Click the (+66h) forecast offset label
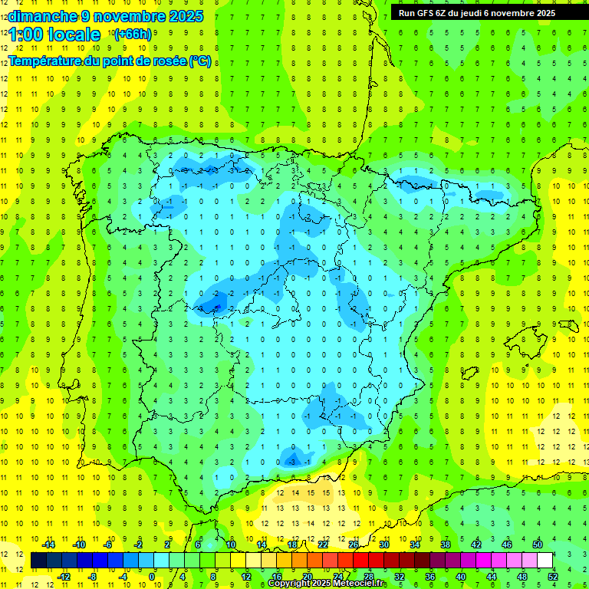click(132, 35)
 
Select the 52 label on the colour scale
click(553, 577)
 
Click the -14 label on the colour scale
click(48, 545)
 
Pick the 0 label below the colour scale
click(151, 577)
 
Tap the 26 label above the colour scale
click(353, 545)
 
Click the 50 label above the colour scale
click(538, 545)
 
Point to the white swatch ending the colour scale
click(545, 561)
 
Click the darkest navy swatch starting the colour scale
click(38, 561)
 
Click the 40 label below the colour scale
click(460, 577)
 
